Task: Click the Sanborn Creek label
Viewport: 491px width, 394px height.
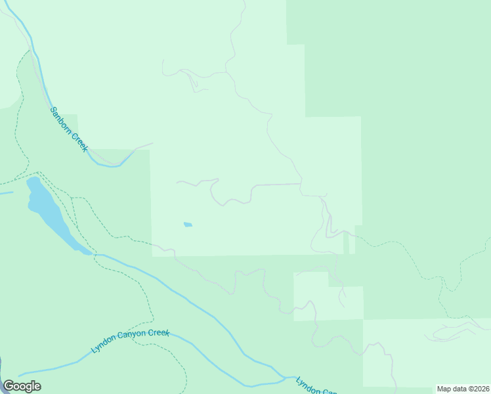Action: click(69, 129)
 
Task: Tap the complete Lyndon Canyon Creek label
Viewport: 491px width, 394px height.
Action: click(131, 342)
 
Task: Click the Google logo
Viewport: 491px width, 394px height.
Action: click(22, 386)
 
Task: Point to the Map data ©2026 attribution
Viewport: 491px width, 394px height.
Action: click(463, 389)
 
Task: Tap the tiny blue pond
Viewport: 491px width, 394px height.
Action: click(188, 225)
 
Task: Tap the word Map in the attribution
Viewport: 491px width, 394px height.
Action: click(444, 389)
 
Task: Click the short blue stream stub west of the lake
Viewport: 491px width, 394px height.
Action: click(6, 193)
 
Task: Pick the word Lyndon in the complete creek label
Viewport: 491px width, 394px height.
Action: click(104, 348)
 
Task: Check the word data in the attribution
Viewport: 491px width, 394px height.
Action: click(459, 389)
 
